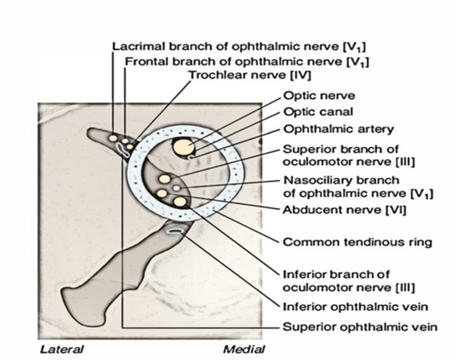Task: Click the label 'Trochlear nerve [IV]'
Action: tap(249, 75)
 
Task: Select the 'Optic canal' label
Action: tap(318, 112)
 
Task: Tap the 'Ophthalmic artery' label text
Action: tap(338, 129)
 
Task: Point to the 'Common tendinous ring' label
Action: tap(357, 242)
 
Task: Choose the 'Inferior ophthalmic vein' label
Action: tap(355, 307)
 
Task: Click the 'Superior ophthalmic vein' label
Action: tap(360, 327)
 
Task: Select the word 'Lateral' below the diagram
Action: tap(62, 349)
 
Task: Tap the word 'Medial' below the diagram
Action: tap(244, 349)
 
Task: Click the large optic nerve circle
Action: tap(183, 147)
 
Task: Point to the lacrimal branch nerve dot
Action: tap(112, 138)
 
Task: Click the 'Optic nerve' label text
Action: tap(319, 95)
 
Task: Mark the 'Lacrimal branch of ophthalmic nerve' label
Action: tap(239, 47)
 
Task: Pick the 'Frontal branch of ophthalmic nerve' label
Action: tap(247, 61)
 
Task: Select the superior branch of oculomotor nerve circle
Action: tap(164, 179)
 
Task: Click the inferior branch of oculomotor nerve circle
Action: tap(180, 201)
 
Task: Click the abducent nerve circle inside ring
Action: tap(162, 193)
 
